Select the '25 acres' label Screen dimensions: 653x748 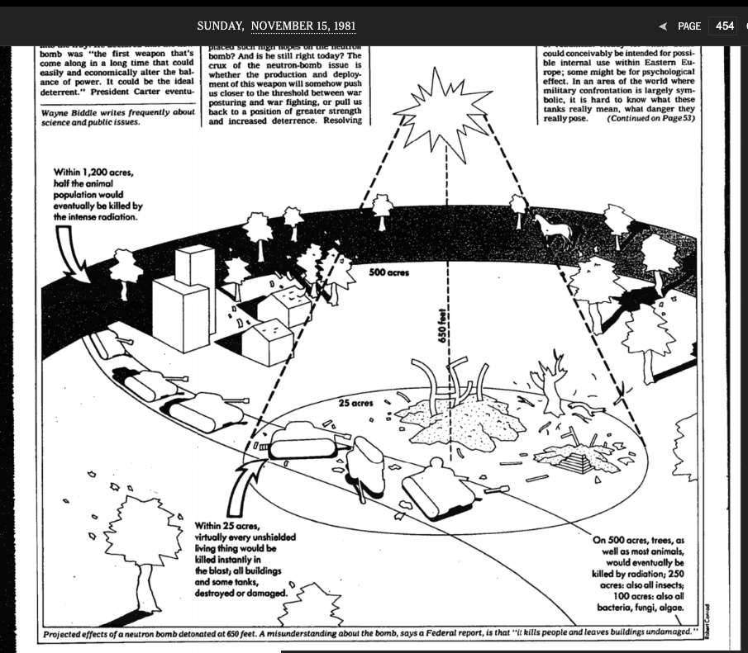pos(356,404)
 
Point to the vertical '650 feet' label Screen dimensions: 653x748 pos(443,326)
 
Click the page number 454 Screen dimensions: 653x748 pos(724,26)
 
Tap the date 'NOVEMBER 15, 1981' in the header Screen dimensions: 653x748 pos(303,26)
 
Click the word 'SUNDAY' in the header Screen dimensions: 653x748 pos(222,26)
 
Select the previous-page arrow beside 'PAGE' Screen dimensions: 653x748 pos(662,26)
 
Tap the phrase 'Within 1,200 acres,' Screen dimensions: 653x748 pos(91,173)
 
